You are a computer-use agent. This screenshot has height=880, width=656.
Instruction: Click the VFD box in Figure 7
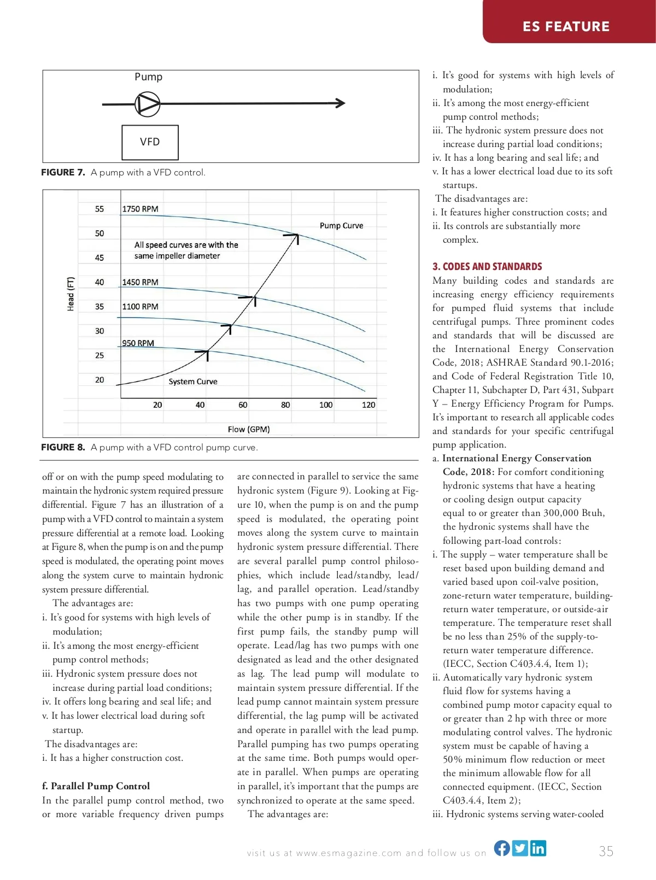[x=150, y=142]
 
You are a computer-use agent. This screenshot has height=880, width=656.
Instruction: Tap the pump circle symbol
[x=148, y=103]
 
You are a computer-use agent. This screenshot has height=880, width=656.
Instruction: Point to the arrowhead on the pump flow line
[x=341, y=103]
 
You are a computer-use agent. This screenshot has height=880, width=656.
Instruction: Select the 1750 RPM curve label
[x=140, y=209]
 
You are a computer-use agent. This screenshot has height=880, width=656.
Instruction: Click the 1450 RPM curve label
[x=140, y=282]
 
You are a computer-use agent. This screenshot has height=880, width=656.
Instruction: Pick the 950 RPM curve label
[x=138, y=343]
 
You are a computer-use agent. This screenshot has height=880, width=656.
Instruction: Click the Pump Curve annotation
[x=341, y=225]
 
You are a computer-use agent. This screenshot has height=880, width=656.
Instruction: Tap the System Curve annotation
[x=192, y=382]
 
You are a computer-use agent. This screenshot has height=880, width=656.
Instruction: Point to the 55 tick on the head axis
[x=99, y=209]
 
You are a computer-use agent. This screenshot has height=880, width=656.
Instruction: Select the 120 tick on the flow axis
[x=368, y=405]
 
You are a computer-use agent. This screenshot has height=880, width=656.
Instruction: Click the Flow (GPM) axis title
[x=249, y=429]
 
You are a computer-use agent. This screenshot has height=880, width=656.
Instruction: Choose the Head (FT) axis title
[x=71, y=294]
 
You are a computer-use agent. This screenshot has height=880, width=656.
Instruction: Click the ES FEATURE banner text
[x=566, y=26]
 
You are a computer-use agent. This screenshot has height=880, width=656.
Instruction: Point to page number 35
[x=606, y=851]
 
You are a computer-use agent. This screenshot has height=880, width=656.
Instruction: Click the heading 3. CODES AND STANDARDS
[x=487, y=267]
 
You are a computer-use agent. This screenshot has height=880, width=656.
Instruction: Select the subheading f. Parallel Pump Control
[x=96, y=786]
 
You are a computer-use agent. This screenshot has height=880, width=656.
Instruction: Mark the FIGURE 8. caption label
[x=63, y=447]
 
